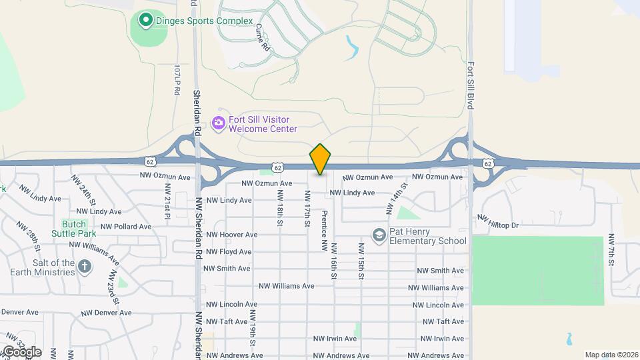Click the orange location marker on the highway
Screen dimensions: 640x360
coord(320,159)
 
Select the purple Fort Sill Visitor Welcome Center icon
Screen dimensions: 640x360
coord(218,123)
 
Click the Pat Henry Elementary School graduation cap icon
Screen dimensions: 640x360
coord(379,235)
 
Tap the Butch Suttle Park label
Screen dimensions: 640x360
coord(74,229)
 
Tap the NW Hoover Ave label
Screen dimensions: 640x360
coord(231,235)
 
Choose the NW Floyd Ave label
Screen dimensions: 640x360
coord(228,252)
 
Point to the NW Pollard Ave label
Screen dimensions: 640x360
coord(124,227)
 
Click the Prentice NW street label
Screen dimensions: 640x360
coord(324,231)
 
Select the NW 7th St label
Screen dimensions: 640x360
coord(610,251)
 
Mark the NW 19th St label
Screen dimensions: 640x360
coord(253,327)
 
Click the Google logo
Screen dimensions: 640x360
coord(21,351)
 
